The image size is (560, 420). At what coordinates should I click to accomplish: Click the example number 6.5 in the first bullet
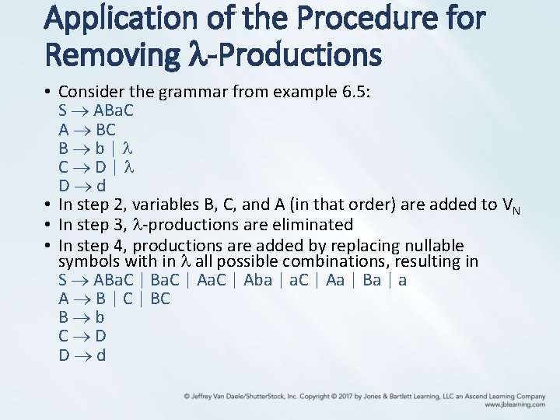354,93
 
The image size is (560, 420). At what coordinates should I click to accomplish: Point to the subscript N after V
515,210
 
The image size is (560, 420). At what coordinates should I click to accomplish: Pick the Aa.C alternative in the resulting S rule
211,281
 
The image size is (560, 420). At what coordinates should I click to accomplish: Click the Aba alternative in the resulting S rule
258,281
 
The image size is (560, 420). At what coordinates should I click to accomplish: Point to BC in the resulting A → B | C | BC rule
160,299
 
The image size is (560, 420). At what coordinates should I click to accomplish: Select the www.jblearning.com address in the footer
514,404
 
